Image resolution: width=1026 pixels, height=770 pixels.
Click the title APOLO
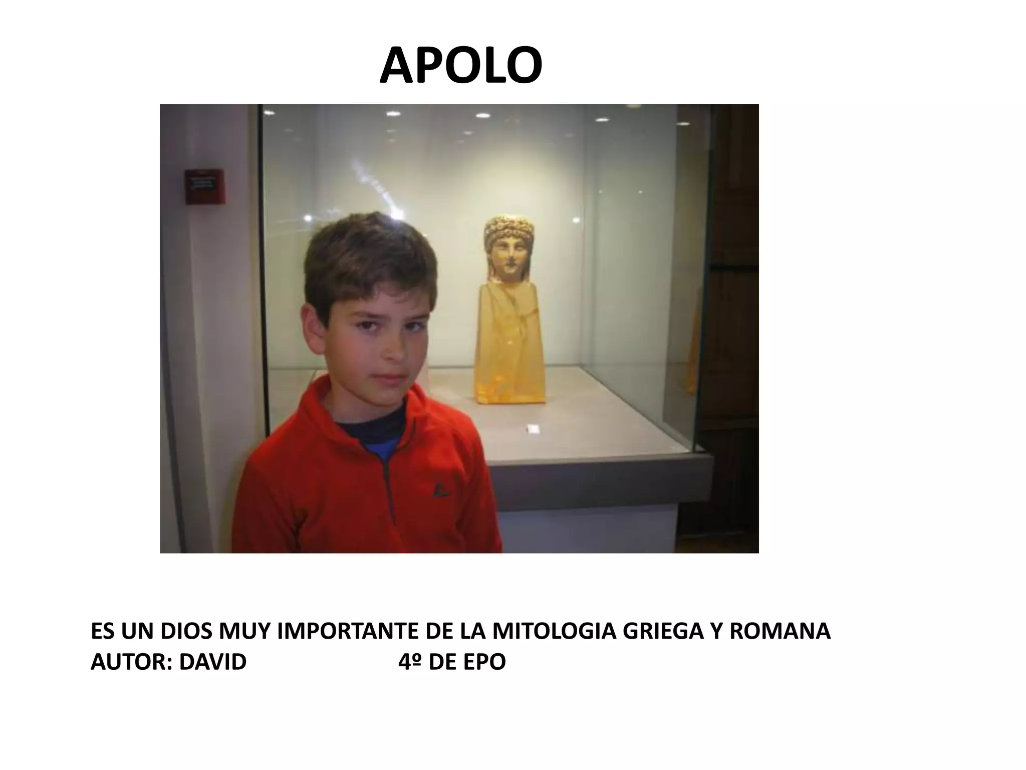pyautogui.click(x=460, y=66)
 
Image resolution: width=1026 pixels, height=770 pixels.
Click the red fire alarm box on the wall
pyautogui.click(x=204, y=187)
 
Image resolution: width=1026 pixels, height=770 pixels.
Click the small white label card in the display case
pyautogui.click(x=533, y=429)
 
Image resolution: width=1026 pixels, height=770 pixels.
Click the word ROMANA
pyautogui.click(x=780, y=632)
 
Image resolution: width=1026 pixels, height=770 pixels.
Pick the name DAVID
pyautogui.click(x=213, y=662)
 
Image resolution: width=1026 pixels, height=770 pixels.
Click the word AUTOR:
pyautogui.click(x=132, y=662)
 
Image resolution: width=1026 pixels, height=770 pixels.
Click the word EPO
pyautogui.click(x=484, y=662)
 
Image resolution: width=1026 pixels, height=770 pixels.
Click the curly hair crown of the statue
pyautogui.click(x=508, y=229)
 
